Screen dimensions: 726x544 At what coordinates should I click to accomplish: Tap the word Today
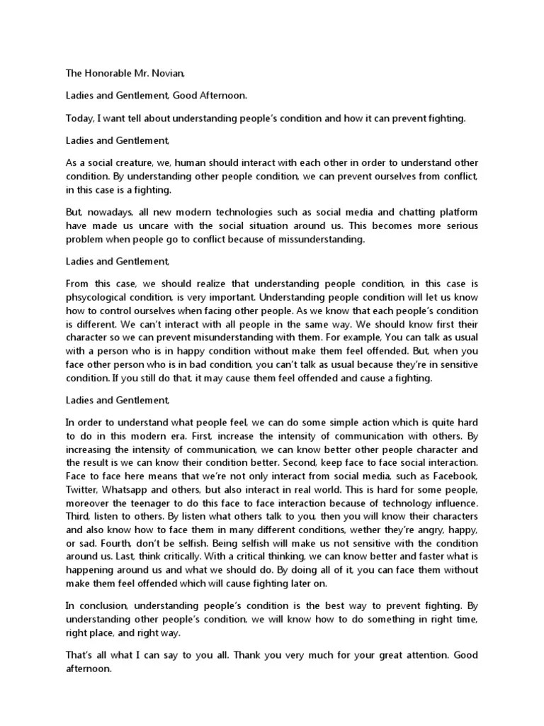(x=79, y=118)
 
